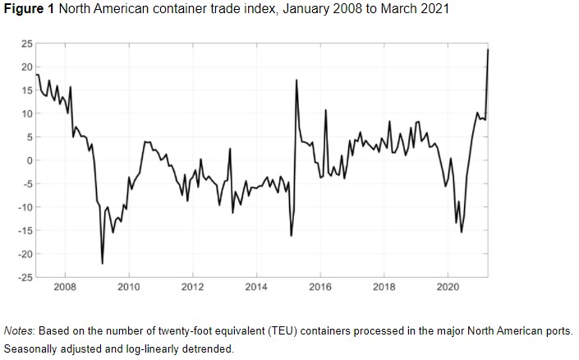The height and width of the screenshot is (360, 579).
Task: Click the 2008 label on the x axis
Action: pos(65,288)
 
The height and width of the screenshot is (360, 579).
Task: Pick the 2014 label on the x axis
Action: pos(256,288)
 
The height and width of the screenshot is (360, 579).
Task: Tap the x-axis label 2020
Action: pos(448,288)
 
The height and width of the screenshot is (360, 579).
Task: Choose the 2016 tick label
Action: pos(320,288)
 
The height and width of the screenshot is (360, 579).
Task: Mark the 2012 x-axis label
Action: pos(192,288)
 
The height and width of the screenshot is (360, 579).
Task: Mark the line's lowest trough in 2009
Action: pos(103,263)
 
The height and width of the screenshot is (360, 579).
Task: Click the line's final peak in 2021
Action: pos(488,49)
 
